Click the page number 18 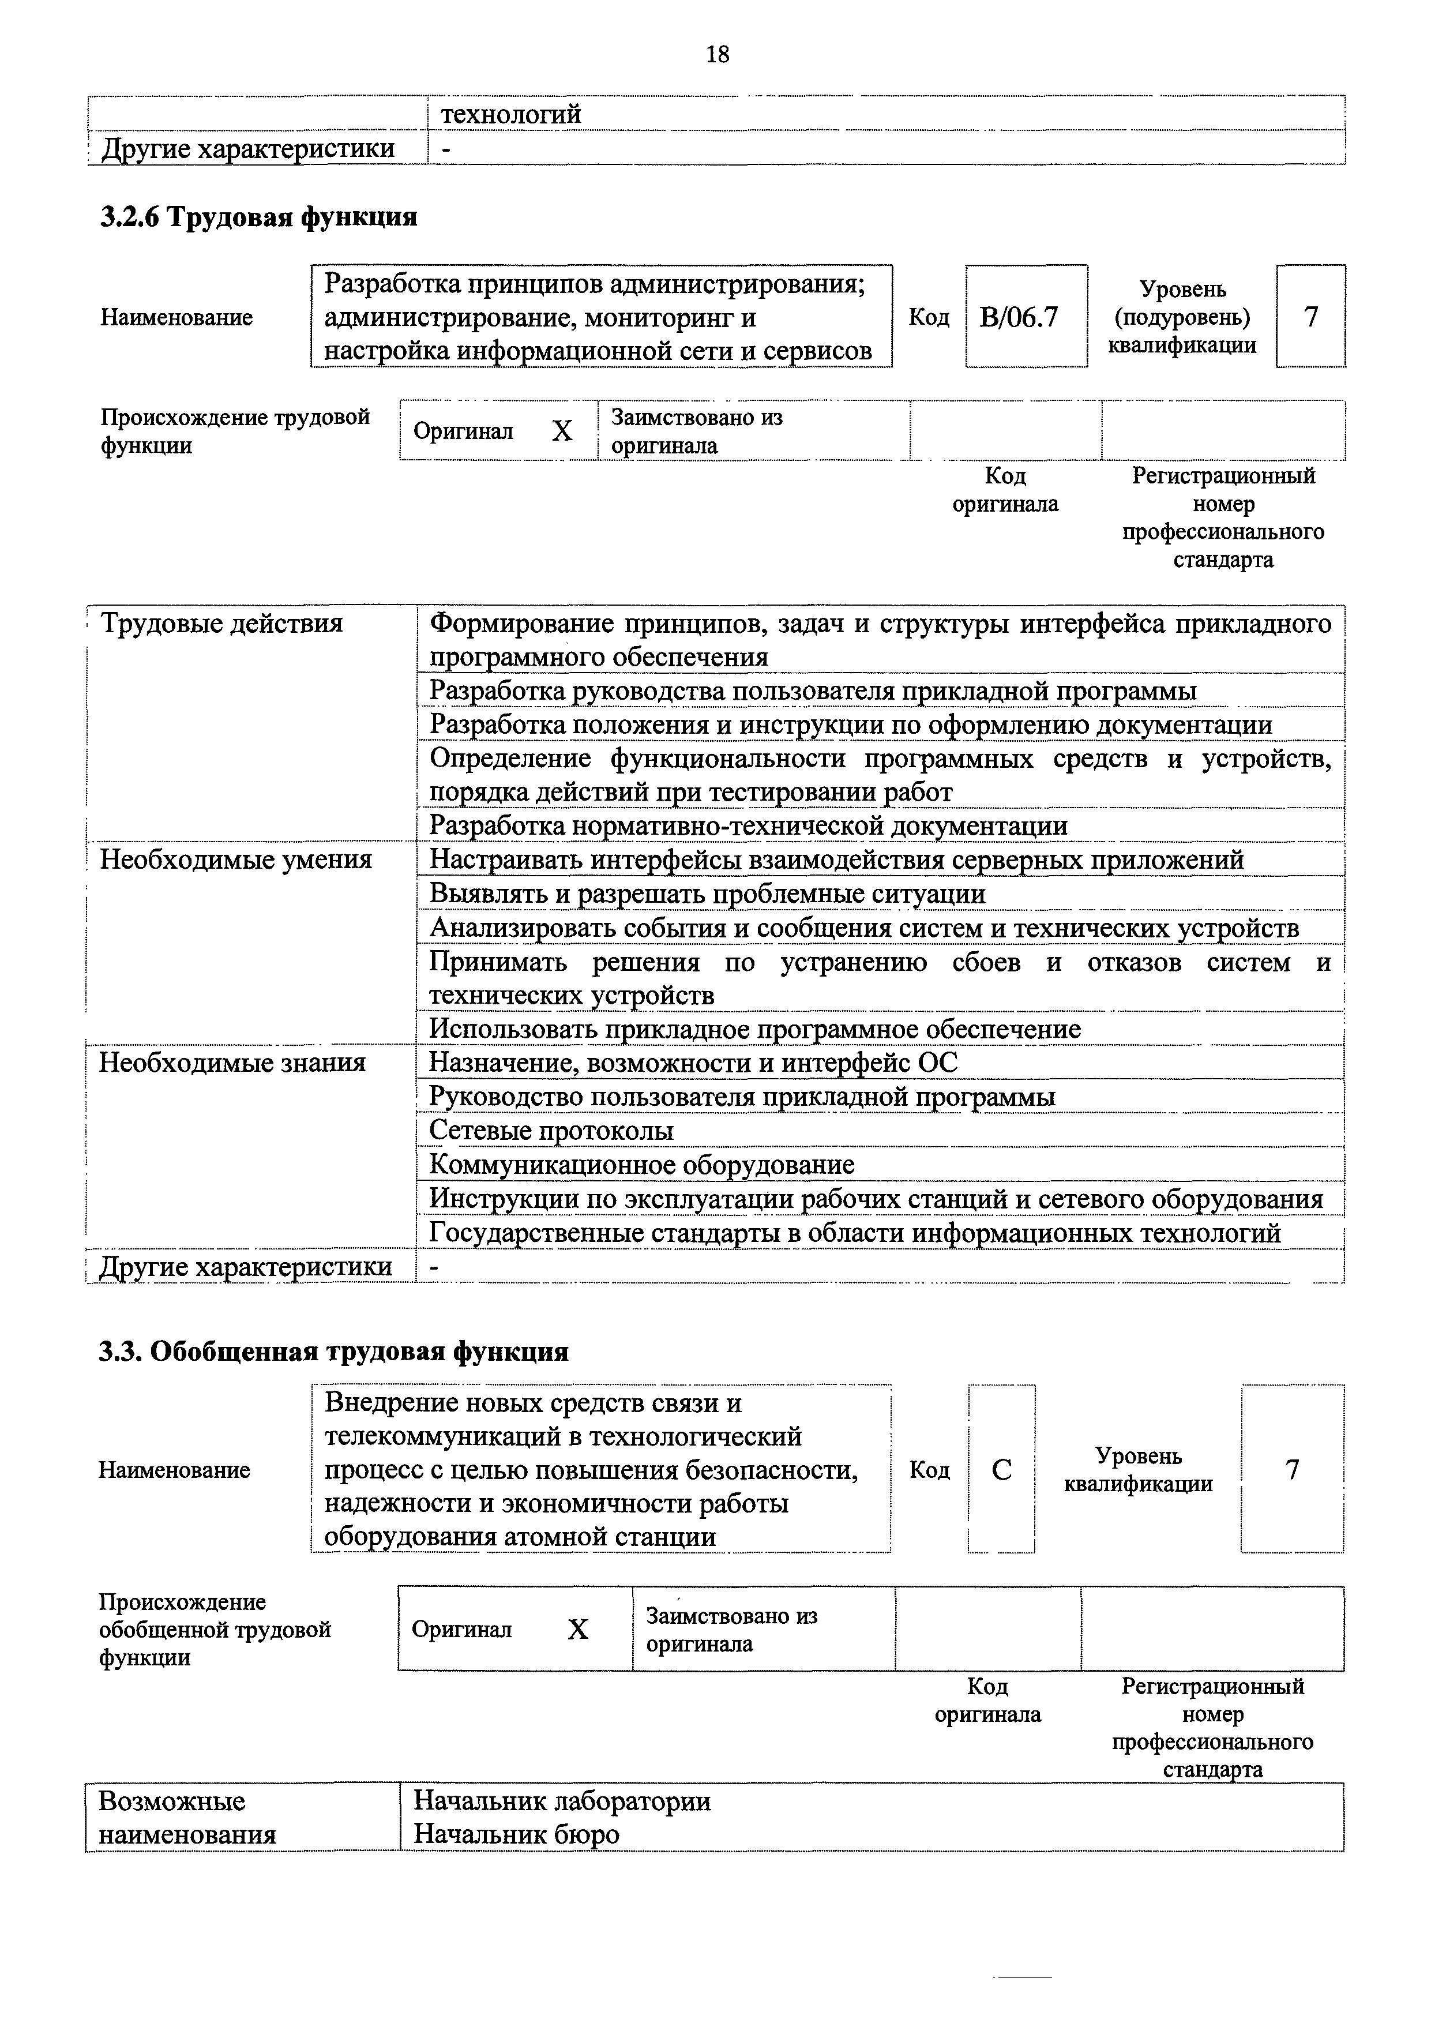point(718,55)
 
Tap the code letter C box point(1002,1470)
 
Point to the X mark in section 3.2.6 point(562,431)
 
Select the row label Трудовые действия point(221,624)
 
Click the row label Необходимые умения point(236,859)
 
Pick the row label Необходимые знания point(232,1063)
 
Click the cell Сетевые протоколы point(551,1131)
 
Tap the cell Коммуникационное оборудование point(641,1165)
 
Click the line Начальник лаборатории point(562,1801)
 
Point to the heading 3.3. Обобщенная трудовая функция point(333,1352)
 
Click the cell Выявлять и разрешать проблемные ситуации point(707,894)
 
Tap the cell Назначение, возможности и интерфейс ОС point(693,1063)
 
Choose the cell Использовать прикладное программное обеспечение point(754,1029)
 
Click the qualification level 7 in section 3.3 point(1292,1470)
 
